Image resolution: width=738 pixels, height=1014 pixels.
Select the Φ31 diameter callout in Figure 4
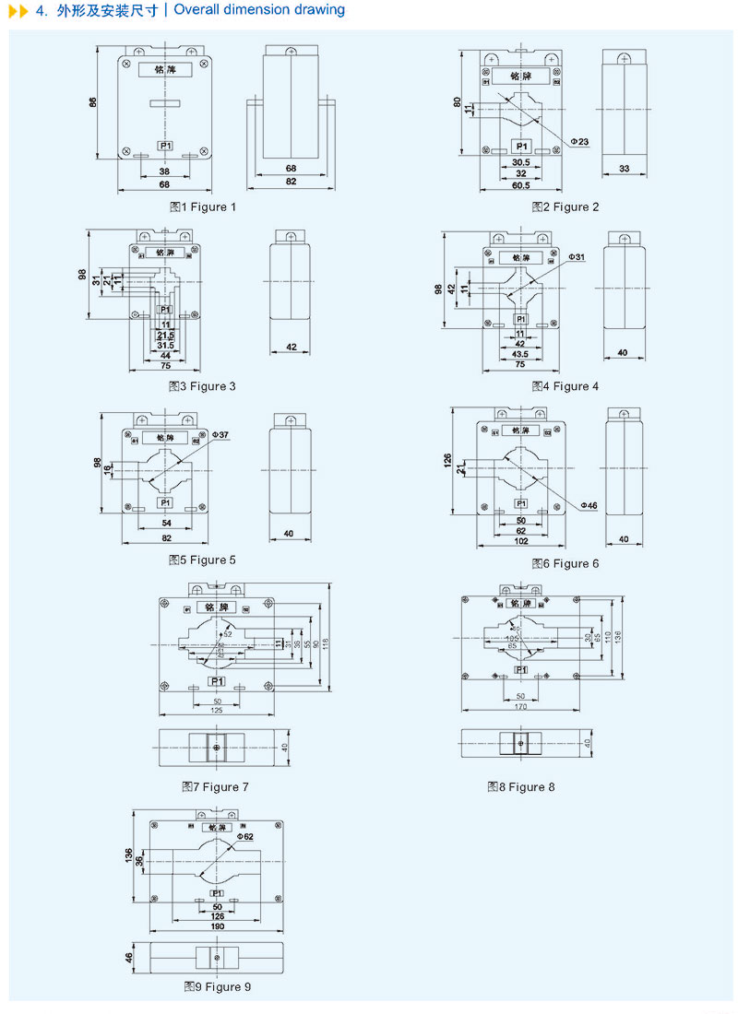tap(577, 256)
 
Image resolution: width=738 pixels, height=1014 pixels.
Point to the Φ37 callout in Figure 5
tap(220, 433)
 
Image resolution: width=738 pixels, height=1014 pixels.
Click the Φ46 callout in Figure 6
tap(589, 505)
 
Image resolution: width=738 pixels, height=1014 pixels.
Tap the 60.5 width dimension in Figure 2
tap(520, 185)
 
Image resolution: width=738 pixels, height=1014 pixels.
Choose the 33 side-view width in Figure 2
tap(624, 169)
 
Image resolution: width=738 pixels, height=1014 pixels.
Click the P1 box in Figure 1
tap(164, 146)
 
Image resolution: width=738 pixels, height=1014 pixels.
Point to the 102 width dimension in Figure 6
tap(520, 542)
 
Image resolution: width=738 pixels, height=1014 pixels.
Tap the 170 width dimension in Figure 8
tap(520, 707)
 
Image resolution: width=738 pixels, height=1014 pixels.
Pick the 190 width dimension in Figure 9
tap(217, 926)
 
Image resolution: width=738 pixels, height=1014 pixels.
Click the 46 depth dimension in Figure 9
tap(128, 958)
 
